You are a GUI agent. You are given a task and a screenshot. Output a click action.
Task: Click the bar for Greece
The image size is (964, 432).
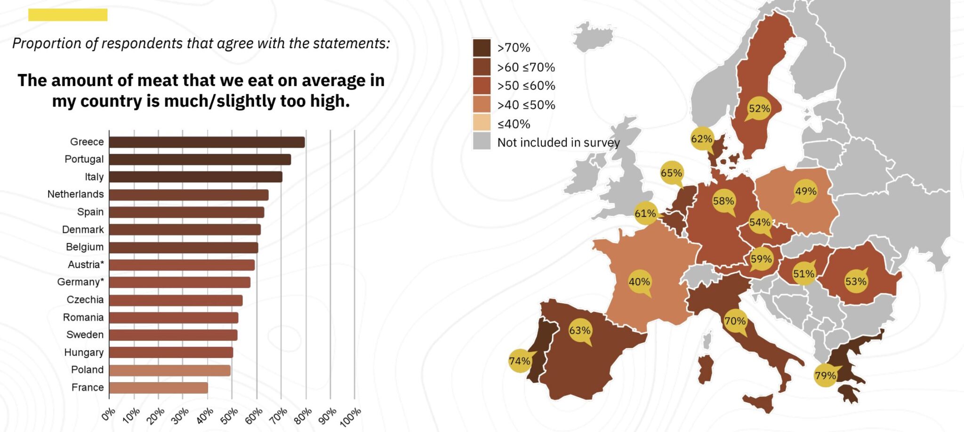(207, 142)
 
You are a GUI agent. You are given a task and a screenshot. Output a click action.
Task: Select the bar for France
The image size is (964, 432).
(159, 388)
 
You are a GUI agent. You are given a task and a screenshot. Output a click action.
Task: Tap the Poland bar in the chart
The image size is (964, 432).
(170, 370)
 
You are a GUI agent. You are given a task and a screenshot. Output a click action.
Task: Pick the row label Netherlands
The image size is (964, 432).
(75, 194)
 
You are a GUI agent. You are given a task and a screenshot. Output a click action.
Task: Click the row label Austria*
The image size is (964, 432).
(86, 264)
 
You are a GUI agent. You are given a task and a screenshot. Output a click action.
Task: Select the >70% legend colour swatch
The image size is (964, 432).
(482, 48)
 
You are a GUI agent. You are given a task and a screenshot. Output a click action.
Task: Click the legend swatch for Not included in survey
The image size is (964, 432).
(482, 142)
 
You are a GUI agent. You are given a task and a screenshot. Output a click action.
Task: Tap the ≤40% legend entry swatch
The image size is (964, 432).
(482, 123)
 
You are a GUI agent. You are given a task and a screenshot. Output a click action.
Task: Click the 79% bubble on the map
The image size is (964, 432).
(825, 375)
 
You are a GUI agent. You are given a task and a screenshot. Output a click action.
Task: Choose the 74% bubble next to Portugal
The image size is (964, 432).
(519, 361)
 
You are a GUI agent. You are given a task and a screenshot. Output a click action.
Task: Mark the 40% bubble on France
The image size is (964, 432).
(639, 282)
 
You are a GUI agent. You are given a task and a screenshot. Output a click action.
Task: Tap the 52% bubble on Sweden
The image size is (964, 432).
(759, 108)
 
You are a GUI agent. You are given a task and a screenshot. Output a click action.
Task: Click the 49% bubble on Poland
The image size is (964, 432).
(805, 191)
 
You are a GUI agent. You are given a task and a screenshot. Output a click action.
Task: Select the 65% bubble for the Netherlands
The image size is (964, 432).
(671, 173)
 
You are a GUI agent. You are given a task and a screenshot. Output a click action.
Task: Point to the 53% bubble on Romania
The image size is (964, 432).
(855, 281)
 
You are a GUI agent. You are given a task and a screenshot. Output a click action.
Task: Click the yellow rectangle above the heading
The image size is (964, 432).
(68, 15)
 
